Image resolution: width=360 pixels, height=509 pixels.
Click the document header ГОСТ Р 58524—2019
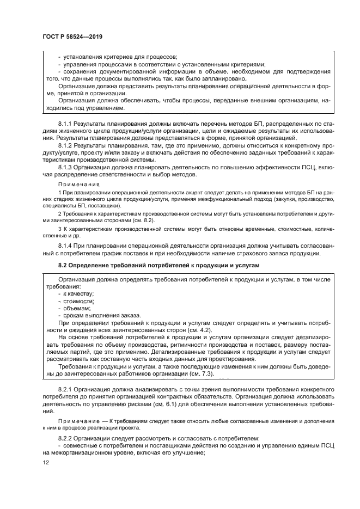click(72, 36)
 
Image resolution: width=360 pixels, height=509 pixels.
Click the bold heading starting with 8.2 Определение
click(158, 265)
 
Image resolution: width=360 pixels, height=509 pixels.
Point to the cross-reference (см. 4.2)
click(199, 330)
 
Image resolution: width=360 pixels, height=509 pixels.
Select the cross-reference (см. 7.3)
click(201, 373)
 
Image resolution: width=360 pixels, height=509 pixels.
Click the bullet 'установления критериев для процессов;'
click(120, 57)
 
